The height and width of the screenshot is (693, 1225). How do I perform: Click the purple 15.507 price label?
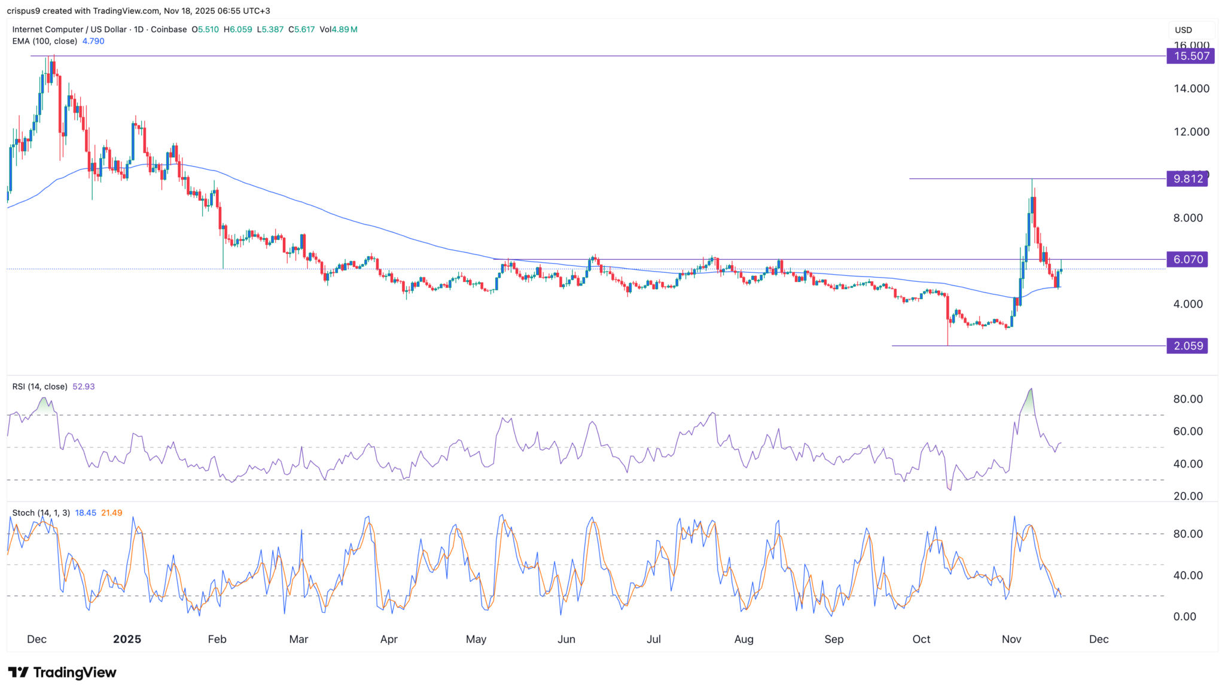click(x=1190, y=56)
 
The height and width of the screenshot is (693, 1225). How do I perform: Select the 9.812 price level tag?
click(x=1187, y=179)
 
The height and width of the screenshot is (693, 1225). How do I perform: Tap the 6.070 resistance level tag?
click(x=1187, y=259)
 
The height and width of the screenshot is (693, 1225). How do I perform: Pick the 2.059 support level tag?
click(x=1187, y=346)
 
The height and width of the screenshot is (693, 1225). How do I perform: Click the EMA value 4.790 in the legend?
click(x=93, y=41)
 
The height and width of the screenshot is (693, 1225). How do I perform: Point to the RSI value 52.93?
click(x=84, y=387)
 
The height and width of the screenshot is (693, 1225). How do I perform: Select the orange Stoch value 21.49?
click(x=112, y=513)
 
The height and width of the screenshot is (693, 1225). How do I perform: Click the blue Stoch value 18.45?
click(x=86, y=513)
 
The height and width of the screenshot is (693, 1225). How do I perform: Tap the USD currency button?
click(x=1184, y=30)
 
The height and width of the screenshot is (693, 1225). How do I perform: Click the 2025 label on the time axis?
click(x=127, y=639)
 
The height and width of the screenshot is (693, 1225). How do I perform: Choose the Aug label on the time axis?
click(x=743, y=639)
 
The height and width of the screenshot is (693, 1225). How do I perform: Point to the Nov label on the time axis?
click(x=1011, y=639)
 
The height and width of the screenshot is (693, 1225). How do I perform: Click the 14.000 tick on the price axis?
click(x=1191, y=89)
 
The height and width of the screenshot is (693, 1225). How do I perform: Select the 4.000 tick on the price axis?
click(x=1188, y=304)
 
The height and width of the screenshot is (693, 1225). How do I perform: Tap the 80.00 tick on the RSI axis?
click(x=1188, y=399)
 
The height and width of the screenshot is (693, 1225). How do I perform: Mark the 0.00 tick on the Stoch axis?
click(x=1184, y=616)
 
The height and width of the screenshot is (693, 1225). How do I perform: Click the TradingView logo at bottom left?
click(x=62, y=673)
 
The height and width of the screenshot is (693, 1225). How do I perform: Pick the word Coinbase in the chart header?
click(x=169, y=29)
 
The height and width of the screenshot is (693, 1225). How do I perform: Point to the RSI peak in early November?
click(x=1031, y=390)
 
